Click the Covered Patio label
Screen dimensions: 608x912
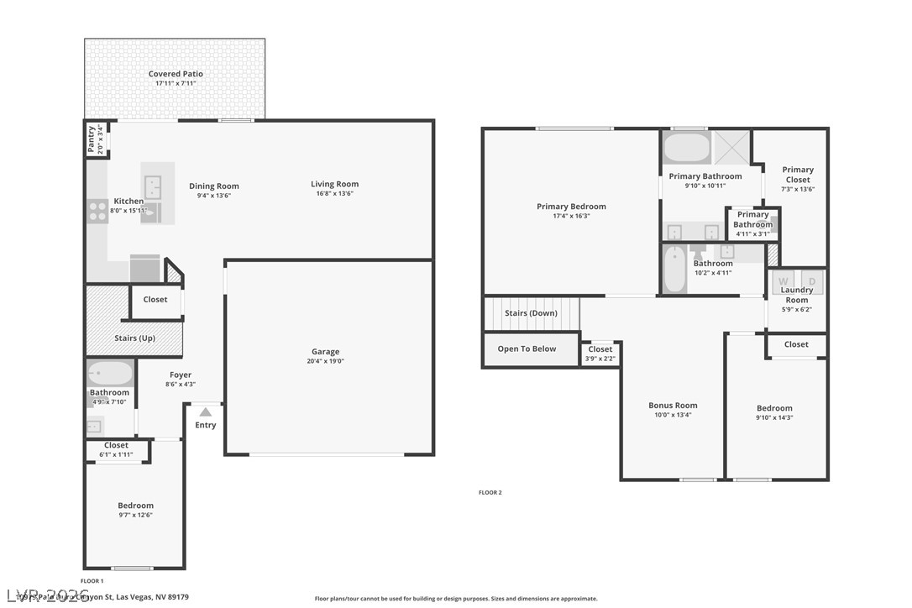176,74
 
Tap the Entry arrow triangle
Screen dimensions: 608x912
206,411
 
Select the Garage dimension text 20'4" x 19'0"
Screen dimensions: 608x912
326,361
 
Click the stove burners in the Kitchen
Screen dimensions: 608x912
97,209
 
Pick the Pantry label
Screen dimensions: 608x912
92,139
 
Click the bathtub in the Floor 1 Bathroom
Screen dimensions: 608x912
110,373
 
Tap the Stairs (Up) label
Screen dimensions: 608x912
134,338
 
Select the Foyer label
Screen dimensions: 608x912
181,375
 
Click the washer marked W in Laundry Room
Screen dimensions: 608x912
784,281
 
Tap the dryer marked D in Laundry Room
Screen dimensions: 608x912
811,281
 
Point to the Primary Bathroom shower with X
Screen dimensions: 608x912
731,148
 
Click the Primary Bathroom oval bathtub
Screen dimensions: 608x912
687,149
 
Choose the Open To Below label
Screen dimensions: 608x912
527,349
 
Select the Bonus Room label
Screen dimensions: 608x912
673,405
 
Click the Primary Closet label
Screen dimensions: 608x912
798,174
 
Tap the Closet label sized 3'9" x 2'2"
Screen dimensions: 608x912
600,349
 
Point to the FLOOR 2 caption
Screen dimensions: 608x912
490,493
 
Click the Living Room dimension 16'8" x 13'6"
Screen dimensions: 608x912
334,193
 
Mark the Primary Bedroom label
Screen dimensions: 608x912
571,207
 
